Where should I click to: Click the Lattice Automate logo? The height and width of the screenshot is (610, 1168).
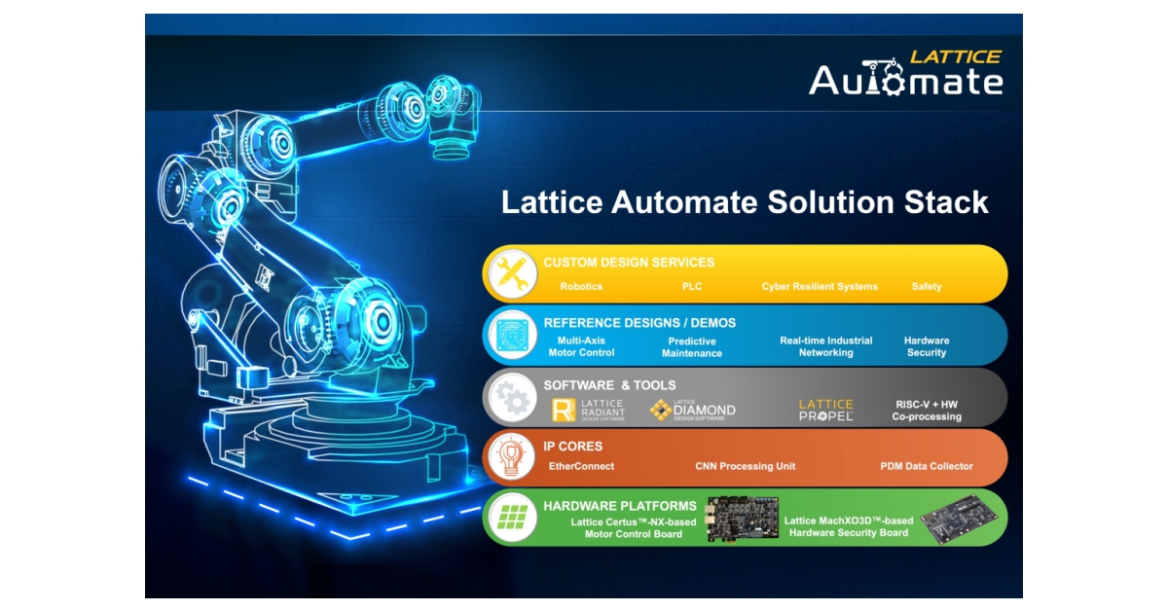click(x=905, y=73)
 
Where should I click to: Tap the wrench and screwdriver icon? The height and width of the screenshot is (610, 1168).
click(x=511, y=273)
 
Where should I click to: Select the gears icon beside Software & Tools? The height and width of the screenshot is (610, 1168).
click(x=511, y=397)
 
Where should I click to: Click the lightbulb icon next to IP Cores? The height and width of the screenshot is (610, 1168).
click(x=511, y=457)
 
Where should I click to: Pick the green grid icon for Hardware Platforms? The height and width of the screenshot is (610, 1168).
click(x=511, y=517)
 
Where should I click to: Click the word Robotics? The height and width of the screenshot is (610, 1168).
click(x=581, y=287)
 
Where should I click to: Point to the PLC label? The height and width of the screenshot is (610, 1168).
click(x=692, y=287)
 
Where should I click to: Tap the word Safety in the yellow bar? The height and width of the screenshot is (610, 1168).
click(x=927, y=287)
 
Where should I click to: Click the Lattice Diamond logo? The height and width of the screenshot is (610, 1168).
click(x=692, y=410)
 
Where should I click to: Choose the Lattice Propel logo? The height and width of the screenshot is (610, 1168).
click(x=826, y=410)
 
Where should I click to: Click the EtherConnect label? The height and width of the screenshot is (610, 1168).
click(x=581, y=467)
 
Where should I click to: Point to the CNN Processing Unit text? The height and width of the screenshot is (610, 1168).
click(x=745, y=467)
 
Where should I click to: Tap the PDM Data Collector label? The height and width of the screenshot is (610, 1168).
click(x=926, y=467)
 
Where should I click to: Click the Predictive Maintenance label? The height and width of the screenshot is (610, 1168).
click(x=692, y=347)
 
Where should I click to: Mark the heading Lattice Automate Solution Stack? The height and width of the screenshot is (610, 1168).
click(x=745, y=202)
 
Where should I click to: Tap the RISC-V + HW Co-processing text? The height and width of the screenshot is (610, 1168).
click(x=927, y=410)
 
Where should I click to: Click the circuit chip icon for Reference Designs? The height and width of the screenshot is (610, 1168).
click(x=511, y=336)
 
